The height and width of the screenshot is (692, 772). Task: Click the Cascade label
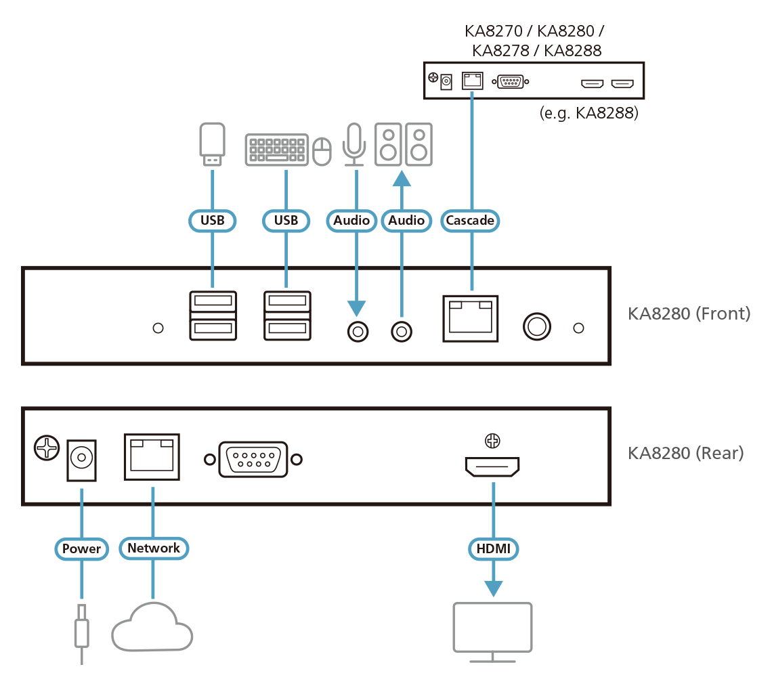click(x=470, y=220)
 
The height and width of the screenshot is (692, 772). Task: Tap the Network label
click(x=154, y=548)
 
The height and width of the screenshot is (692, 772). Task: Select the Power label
click(x=81, y=548)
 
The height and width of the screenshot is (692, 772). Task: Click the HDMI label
click(x=493, y=548)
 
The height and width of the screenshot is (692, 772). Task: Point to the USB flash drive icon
click(x=213, y=144)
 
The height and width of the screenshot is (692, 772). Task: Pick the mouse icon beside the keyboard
click(x=322, y=151)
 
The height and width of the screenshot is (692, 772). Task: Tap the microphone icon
click(x=354, y=144)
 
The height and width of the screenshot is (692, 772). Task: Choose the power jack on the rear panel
click(x=81, y=460)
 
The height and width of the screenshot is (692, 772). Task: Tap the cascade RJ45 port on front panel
click(x=470, y=318)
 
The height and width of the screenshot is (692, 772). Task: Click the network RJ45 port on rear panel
click(x=152, y=456)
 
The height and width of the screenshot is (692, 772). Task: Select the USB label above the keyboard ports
click(x=286, y=220)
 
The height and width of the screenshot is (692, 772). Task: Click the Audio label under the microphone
click(x=351, y=220)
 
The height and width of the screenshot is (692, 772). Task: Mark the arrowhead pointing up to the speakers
click(x=402, y=179)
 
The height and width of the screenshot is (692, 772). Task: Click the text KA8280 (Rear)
click(x=685, y=452)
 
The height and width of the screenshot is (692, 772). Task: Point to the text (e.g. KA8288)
click(x=588, y=113)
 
